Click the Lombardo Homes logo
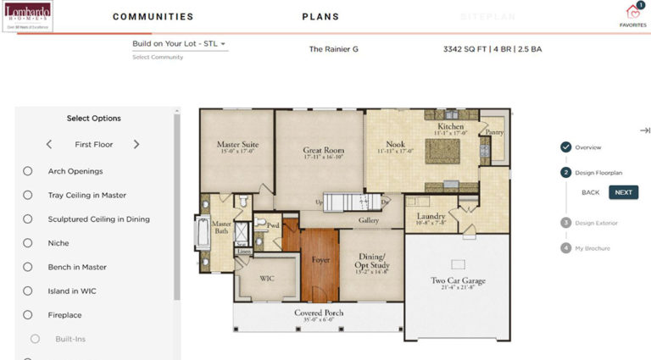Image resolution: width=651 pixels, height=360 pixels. point(28,16)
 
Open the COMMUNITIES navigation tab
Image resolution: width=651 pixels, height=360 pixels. point(153,17)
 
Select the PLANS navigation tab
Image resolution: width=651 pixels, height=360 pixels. point(320,17)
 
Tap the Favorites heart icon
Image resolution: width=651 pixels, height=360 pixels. point(632,12)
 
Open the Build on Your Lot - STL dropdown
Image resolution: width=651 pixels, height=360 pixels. point(179,44)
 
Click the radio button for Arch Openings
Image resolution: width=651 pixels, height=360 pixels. point(28,171)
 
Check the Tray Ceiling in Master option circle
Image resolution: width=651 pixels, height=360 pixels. point(28,195)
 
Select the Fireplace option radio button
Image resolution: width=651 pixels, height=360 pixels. point(28,315)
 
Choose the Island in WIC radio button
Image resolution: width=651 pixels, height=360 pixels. point(28,291)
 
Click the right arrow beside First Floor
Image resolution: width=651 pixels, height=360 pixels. point(136,145)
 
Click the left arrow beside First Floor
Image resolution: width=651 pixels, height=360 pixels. point(49,145)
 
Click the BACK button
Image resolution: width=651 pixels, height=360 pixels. point(590,192)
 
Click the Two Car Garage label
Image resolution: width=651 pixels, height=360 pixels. point(457,281)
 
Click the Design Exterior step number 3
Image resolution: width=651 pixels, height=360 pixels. point(565,223)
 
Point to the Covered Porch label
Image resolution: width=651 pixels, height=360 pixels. point(319,313)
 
